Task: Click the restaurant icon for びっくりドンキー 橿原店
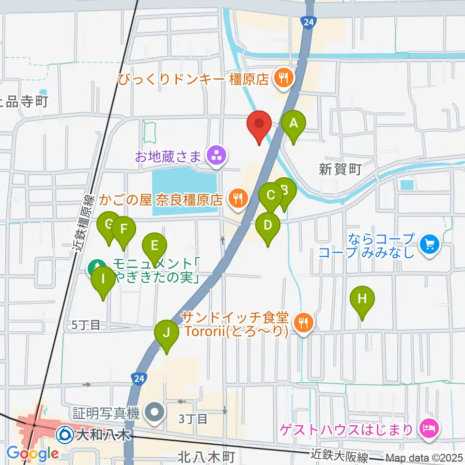pos(282,77)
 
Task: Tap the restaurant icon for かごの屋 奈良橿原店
pos(237,199)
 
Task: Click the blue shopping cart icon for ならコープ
pos(429,245)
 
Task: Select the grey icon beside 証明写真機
pos(155,413)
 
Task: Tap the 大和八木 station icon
pos(65,434)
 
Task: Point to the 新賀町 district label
pos(340,169)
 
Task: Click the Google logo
pos(32,453)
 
